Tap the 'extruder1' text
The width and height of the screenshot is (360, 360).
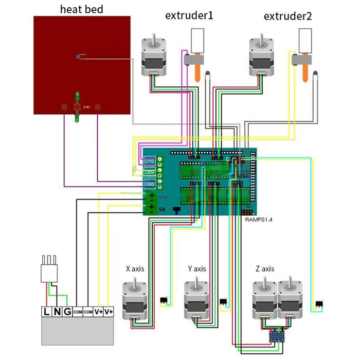click(189, 15)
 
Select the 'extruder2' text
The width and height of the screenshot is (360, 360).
click(287, 15)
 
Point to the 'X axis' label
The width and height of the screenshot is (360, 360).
click(134, 268)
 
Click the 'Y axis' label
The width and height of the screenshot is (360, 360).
click(197, 268)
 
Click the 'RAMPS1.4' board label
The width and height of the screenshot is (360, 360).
click(257, 219)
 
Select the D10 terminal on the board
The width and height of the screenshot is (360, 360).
click(150, 161)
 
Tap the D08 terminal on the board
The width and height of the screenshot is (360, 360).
click(150, 184)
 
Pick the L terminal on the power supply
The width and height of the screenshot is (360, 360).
click(48, 312)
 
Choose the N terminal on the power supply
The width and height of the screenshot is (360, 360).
click(57, 312)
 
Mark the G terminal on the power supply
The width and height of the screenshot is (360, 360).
click(67, 312)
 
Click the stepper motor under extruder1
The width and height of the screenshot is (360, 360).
click(155, 57)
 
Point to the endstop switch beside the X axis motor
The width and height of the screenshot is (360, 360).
click(165, 300)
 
